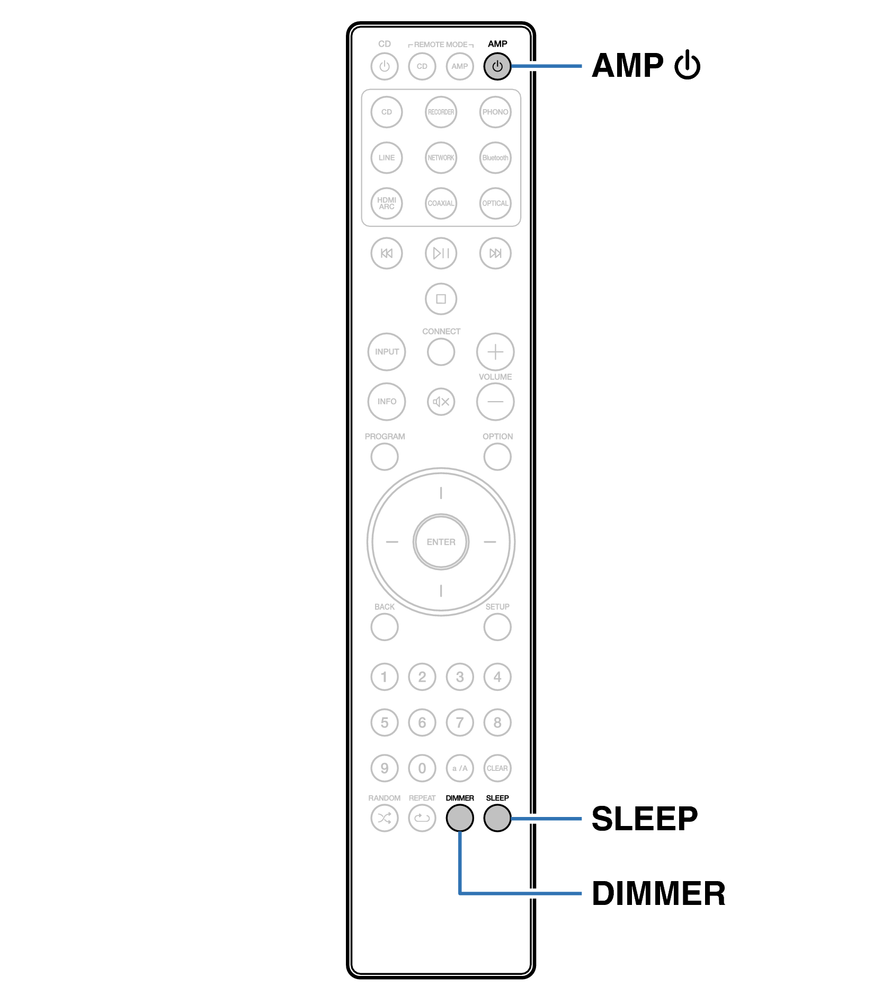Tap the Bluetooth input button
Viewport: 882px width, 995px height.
(495, 158)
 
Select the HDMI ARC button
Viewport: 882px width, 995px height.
(387, 203)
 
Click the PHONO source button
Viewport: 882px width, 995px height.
(495, 112)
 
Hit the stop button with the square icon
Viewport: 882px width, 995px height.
(441, 299)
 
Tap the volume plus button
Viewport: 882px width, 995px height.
(495, 352)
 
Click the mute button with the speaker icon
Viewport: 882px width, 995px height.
(441, 402)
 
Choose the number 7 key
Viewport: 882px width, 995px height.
(460, 723)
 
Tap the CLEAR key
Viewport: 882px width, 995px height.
(497, 768)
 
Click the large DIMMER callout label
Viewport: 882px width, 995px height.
(658, 894)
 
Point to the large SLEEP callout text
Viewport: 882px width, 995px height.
(644, 819)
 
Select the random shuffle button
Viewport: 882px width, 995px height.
(385, 818)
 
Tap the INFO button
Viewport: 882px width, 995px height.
(387, 402)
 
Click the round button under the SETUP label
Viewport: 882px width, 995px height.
(497, 627)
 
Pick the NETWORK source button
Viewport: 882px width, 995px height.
(441, 158)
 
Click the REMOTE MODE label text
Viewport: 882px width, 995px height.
(441, 45)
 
